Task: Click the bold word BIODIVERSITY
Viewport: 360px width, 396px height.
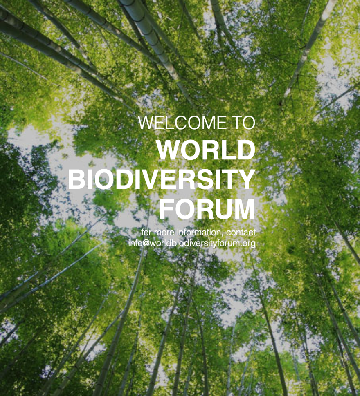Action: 161,179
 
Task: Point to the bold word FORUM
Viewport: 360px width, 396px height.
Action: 207,209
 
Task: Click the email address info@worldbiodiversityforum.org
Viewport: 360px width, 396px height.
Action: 192,243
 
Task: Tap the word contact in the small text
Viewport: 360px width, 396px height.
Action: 241,232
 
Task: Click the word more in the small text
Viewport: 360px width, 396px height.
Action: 164,233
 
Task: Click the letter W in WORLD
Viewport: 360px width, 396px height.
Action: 169,150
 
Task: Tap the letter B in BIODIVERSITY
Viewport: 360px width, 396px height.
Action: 76,179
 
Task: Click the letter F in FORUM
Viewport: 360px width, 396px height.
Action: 166,209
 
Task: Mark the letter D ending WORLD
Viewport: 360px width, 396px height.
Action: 247,150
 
